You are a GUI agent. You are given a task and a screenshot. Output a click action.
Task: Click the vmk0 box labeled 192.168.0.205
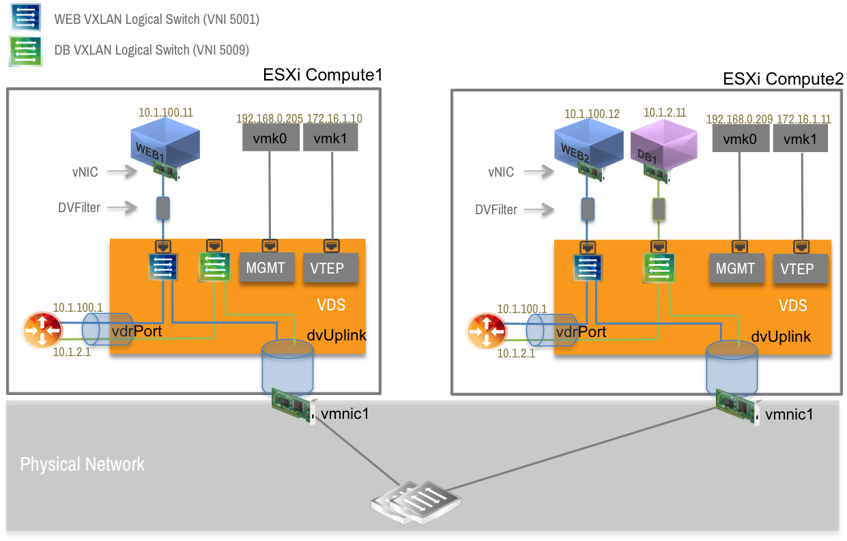click(x=270, y=139)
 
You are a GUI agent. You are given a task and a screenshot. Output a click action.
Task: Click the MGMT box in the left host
click(x=265, y=267)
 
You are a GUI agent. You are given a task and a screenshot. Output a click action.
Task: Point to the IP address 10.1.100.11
click(x=166, y=112)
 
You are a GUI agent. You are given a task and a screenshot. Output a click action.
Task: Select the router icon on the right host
click(x=486, y=332)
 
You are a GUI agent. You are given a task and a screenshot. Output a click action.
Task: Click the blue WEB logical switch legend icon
click(x=25, y=18)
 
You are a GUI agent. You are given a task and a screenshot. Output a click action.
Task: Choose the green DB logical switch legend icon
click(x=25, y=50)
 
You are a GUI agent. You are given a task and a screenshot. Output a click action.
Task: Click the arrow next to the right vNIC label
click(x=539, y=173)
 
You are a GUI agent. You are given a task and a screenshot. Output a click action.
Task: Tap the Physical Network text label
click(x=83, y=465)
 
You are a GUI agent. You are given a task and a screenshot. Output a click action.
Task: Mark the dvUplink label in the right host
click(x=781, y=336)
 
